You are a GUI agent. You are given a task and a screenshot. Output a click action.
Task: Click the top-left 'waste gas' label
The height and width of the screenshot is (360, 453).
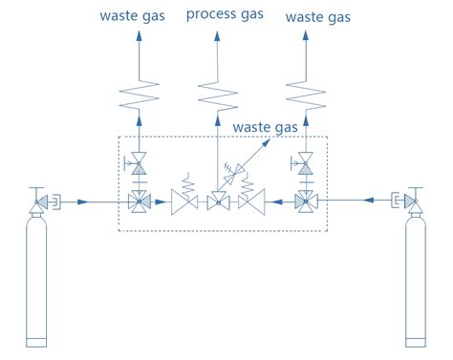pos(135,17)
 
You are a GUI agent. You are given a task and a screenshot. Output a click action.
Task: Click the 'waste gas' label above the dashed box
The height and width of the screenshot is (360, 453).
pos(265,127)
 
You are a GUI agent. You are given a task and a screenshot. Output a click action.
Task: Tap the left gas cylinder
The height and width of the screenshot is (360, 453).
pos(36,282)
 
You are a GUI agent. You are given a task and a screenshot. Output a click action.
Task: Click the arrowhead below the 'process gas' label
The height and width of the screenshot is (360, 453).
pos(218,35)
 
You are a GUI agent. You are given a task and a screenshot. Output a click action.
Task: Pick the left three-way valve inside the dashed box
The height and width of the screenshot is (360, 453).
pos(140,201)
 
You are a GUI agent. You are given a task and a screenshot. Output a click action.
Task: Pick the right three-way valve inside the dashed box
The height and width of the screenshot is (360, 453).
pos(306,201)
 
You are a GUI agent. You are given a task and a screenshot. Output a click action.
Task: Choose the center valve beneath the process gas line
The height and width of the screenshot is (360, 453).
pos(218,201)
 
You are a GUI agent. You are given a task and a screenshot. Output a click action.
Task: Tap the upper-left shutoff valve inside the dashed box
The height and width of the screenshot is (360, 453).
pos(140,161)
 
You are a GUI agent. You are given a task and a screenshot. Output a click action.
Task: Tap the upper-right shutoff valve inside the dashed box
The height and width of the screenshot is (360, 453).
pos(306,161)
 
